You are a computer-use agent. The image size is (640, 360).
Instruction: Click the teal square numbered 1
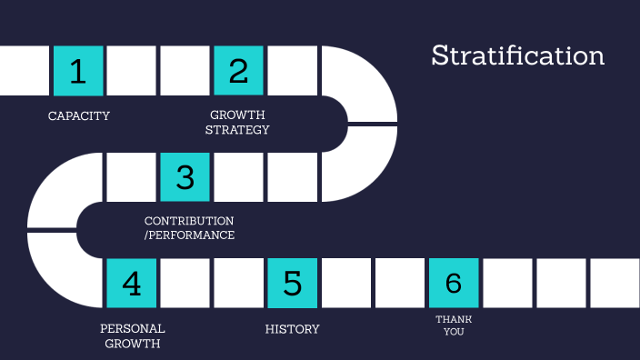click(x=78, y=71)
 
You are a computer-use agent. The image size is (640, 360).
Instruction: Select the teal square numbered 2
click(x=238, y=71)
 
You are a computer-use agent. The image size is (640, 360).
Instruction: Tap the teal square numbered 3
click(x=185, y=176)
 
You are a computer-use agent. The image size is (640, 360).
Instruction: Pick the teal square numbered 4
click(x=132, y=283)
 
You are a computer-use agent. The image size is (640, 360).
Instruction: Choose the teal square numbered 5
click(x=292, y=283)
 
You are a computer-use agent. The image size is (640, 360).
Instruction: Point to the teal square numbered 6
click(x=453, y=283)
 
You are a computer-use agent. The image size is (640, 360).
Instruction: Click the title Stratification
click(x=517, y=55)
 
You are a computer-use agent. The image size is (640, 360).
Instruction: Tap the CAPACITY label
click(x=79, y=115)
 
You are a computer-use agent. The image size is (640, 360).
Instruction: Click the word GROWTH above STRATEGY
click(x=238, y=115)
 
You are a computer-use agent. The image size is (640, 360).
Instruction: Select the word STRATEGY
click(x=238, y=130)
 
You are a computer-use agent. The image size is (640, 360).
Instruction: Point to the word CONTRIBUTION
click(x=189, y=221)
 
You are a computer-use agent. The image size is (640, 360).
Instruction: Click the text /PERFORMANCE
click(x=189, y=235)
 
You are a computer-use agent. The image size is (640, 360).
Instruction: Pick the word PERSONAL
click(x=133, y=328)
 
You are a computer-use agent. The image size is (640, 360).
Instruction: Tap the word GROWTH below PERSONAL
click(x=133, y=344)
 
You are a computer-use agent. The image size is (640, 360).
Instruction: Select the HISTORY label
click(x=292, y=328)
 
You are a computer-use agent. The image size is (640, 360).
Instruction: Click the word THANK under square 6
click(x=454, y=319)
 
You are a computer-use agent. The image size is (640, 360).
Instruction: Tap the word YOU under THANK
click(x=454, y=332)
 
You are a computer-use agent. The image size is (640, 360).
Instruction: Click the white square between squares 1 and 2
click(x=132, y=71)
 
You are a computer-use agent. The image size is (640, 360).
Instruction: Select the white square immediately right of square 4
click(x=185, y=283)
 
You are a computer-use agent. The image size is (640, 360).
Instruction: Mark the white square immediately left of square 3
click(x=132, y=176)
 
